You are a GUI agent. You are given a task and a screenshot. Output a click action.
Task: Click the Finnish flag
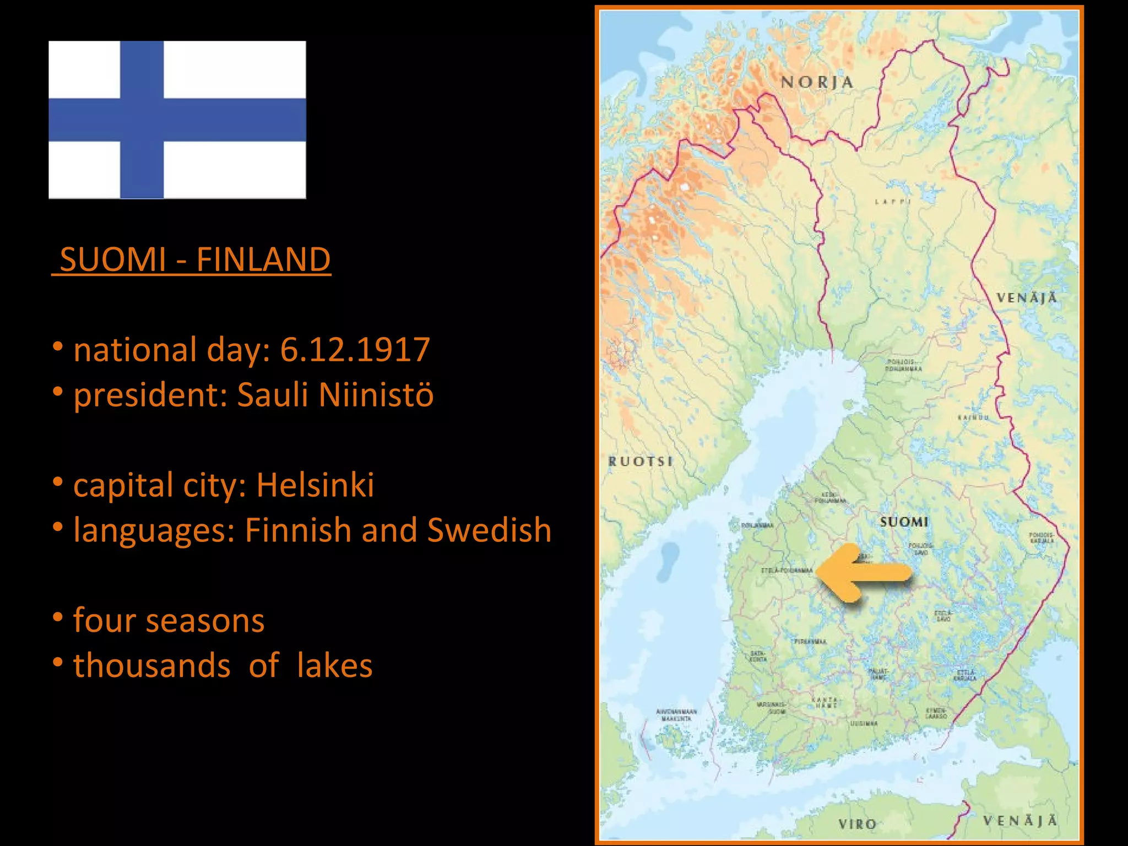point(177,120)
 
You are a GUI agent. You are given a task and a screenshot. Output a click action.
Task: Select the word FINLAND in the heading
point(263,259)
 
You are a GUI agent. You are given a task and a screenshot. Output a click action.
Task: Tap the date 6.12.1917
point(355,350)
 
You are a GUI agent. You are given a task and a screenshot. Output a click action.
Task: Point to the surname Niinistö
point(376,395)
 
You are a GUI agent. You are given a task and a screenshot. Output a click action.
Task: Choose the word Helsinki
point(315,485)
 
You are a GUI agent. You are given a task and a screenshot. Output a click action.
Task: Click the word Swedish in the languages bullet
point(489,530)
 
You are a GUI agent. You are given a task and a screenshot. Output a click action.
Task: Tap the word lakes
point(334,666)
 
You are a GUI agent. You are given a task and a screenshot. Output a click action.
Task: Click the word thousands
point(152,666)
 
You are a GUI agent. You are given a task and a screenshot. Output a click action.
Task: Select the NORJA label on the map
point(817,83)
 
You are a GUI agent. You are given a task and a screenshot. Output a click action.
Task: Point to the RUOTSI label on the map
point(641,462)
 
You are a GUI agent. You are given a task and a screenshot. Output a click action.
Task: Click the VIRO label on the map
point(857,824)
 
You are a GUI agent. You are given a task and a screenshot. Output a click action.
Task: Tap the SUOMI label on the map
point(904,522)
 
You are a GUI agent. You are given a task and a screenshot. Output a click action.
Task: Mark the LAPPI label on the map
point(893,202)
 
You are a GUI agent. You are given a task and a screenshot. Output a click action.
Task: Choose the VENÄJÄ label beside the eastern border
point(1027,298)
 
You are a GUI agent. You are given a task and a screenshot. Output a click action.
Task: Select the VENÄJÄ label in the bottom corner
point(1020,821)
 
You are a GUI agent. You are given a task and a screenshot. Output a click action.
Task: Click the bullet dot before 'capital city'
point(58,482)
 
